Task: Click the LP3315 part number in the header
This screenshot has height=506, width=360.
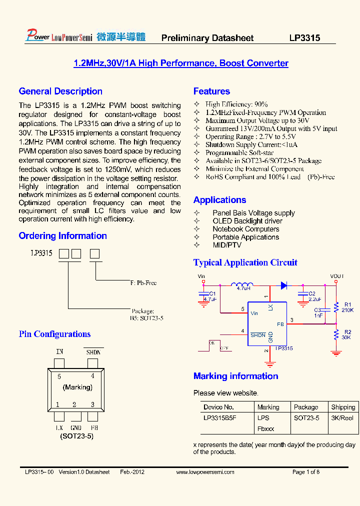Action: (x=304, y=38)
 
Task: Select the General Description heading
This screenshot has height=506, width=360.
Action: (x=60, y=91)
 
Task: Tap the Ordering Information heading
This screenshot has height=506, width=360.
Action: (x=62, y=236)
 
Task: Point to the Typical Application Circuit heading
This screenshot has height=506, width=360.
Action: (x=245, y=262)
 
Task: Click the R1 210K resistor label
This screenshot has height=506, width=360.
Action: (x=348, y=307)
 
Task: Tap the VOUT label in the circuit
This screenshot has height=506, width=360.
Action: (x=337, y=276)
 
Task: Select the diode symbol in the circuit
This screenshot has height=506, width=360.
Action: (x=283, y=285)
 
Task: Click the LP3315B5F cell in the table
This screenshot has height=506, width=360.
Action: (x=219, y=418)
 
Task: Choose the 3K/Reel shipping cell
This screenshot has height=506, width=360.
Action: (x=342, y=418)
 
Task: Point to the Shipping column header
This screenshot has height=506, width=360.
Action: (x=343, y=407)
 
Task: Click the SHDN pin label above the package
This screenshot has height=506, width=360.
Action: (x=93, y=352)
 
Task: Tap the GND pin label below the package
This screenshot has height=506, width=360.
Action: (x=76, y=428)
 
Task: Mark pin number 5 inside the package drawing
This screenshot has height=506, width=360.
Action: (x=59, y=376)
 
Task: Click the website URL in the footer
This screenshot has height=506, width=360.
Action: (x=205, y=472)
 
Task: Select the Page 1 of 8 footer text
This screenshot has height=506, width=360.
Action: (x=305, y=472)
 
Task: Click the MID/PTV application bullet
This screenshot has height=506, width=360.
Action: (x=227, y=245)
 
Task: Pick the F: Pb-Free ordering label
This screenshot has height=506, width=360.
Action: (x=143, y=283)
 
